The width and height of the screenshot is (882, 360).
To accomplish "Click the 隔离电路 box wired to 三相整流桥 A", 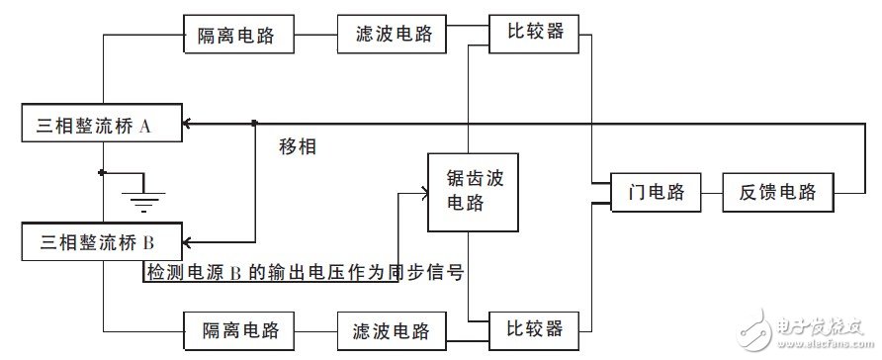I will click(235, 36).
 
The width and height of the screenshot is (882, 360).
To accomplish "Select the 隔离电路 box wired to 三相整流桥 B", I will click(235, 327).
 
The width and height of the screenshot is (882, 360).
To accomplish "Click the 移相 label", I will click(299, 147).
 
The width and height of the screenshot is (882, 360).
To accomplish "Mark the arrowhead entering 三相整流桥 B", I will click(190, 240).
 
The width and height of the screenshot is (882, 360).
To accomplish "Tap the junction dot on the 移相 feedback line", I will click(256, 124).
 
